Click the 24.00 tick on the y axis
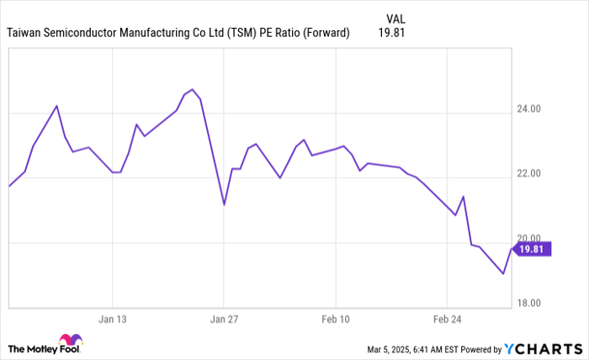[x=529, y=109]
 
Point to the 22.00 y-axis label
[x=529, y=174]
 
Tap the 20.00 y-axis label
[x=529, y=238]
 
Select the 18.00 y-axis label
[x=529, y=303]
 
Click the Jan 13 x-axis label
[x=112, y=320]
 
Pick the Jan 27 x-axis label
[x=224, y=320]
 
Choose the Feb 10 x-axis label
[x=335, y=320]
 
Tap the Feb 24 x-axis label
[x=447, y=320]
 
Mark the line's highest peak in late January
[x=192, y=89]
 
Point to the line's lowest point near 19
[x=503, y=273]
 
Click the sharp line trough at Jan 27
[x=224, y=204]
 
